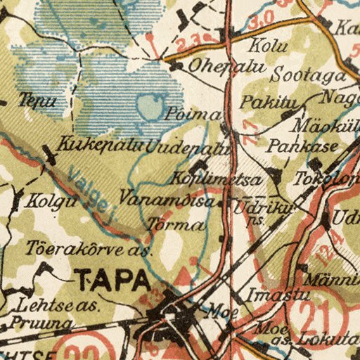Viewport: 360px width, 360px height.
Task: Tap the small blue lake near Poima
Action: [150, 108]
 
